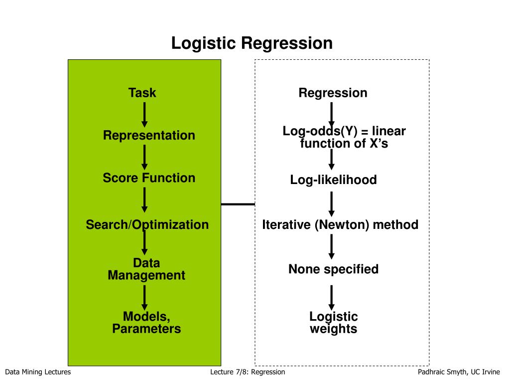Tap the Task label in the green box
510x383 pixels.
142,93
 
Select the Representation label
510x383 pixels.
149,136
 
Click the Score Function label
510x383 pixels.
149,178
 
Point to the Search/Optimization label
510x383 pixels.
147,225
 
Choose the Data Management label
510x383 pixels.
146,269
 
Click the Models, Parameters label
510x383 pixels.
146,323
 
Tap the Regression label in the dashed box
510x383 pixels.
333,93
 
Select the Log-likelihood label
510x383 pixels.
333,180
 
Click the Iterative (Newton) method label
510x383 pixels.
340,225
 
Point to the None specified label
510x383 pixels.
333,269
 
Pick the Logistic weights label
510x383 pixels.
333,323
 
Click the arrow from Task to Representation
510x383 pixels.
145,115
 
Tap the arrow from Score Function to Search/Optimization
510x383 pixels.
145,200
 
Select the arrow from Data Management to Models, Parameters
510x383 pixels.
145,298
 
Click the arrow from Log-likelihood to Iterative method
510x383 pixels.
331,204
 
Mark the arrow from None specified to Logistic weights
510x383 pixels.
331,298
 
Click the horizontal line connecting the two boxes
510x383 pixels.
238,204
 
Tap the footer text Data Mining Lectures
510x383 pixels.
38,372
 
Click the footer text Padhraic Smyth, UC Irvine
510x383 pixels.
459,372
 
